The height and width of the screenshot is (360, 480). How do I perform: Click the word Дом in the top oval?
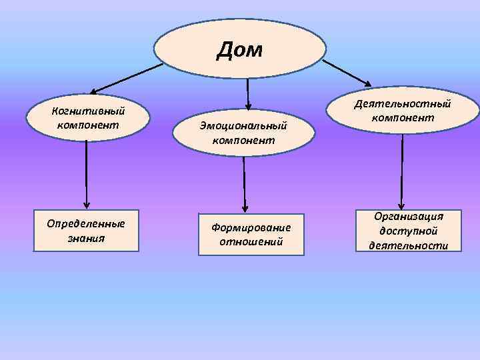(x=240, y=49)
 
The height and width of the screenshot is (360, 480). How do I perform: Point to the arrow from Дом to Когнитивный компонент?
(x=127, y=77)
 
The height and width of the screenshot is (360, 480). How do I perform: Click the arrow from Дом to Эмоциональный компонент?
(x=247, y=94)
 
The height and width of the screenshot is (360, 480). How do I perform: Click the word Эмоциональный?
(x=244, y=125)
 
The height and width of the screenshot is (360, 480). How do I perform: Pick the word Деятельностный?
(x=403, y=103)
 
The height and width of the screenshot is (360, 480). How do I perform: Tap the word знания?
(x=86, y=237)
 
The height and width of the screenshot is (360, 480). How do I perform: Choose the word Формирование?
(x=251, y=227)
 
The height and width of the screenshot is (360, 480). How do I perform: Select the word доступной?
(x=409, y=231)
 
